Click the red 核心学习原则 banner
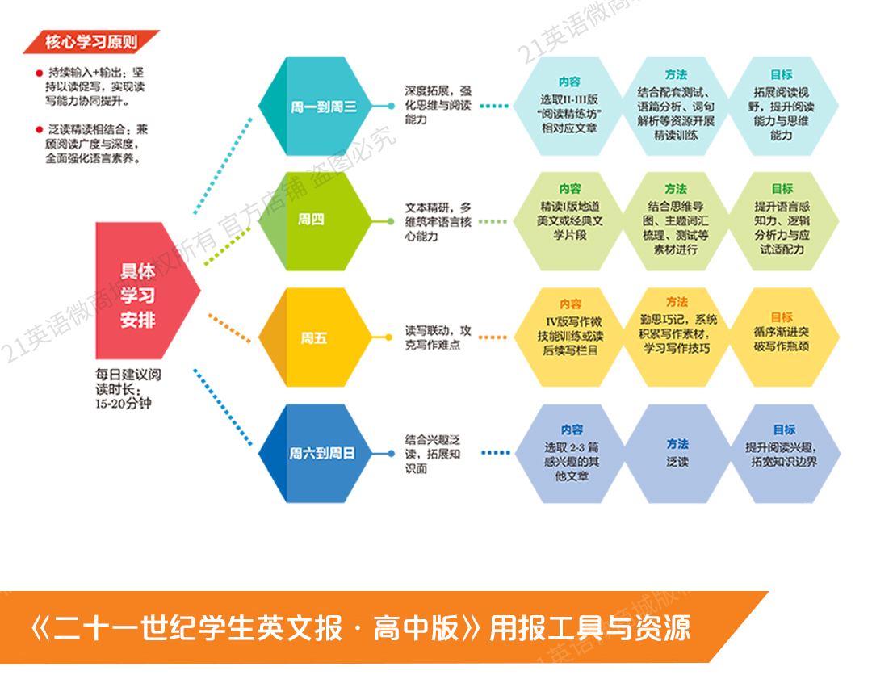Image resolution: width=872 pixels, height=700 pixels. point(90,41)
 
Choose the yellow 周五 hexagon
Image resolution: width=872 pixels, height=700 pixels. point(315,337)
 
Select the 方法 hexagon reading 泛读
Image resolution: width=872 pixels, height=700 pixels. point(677,454)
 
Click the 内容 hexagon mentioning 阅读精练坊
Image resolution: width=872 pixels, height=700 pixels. point(570,106)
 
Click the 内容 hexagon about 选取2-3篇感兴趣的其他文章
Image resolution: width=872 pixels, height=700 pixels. point(570,454)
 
